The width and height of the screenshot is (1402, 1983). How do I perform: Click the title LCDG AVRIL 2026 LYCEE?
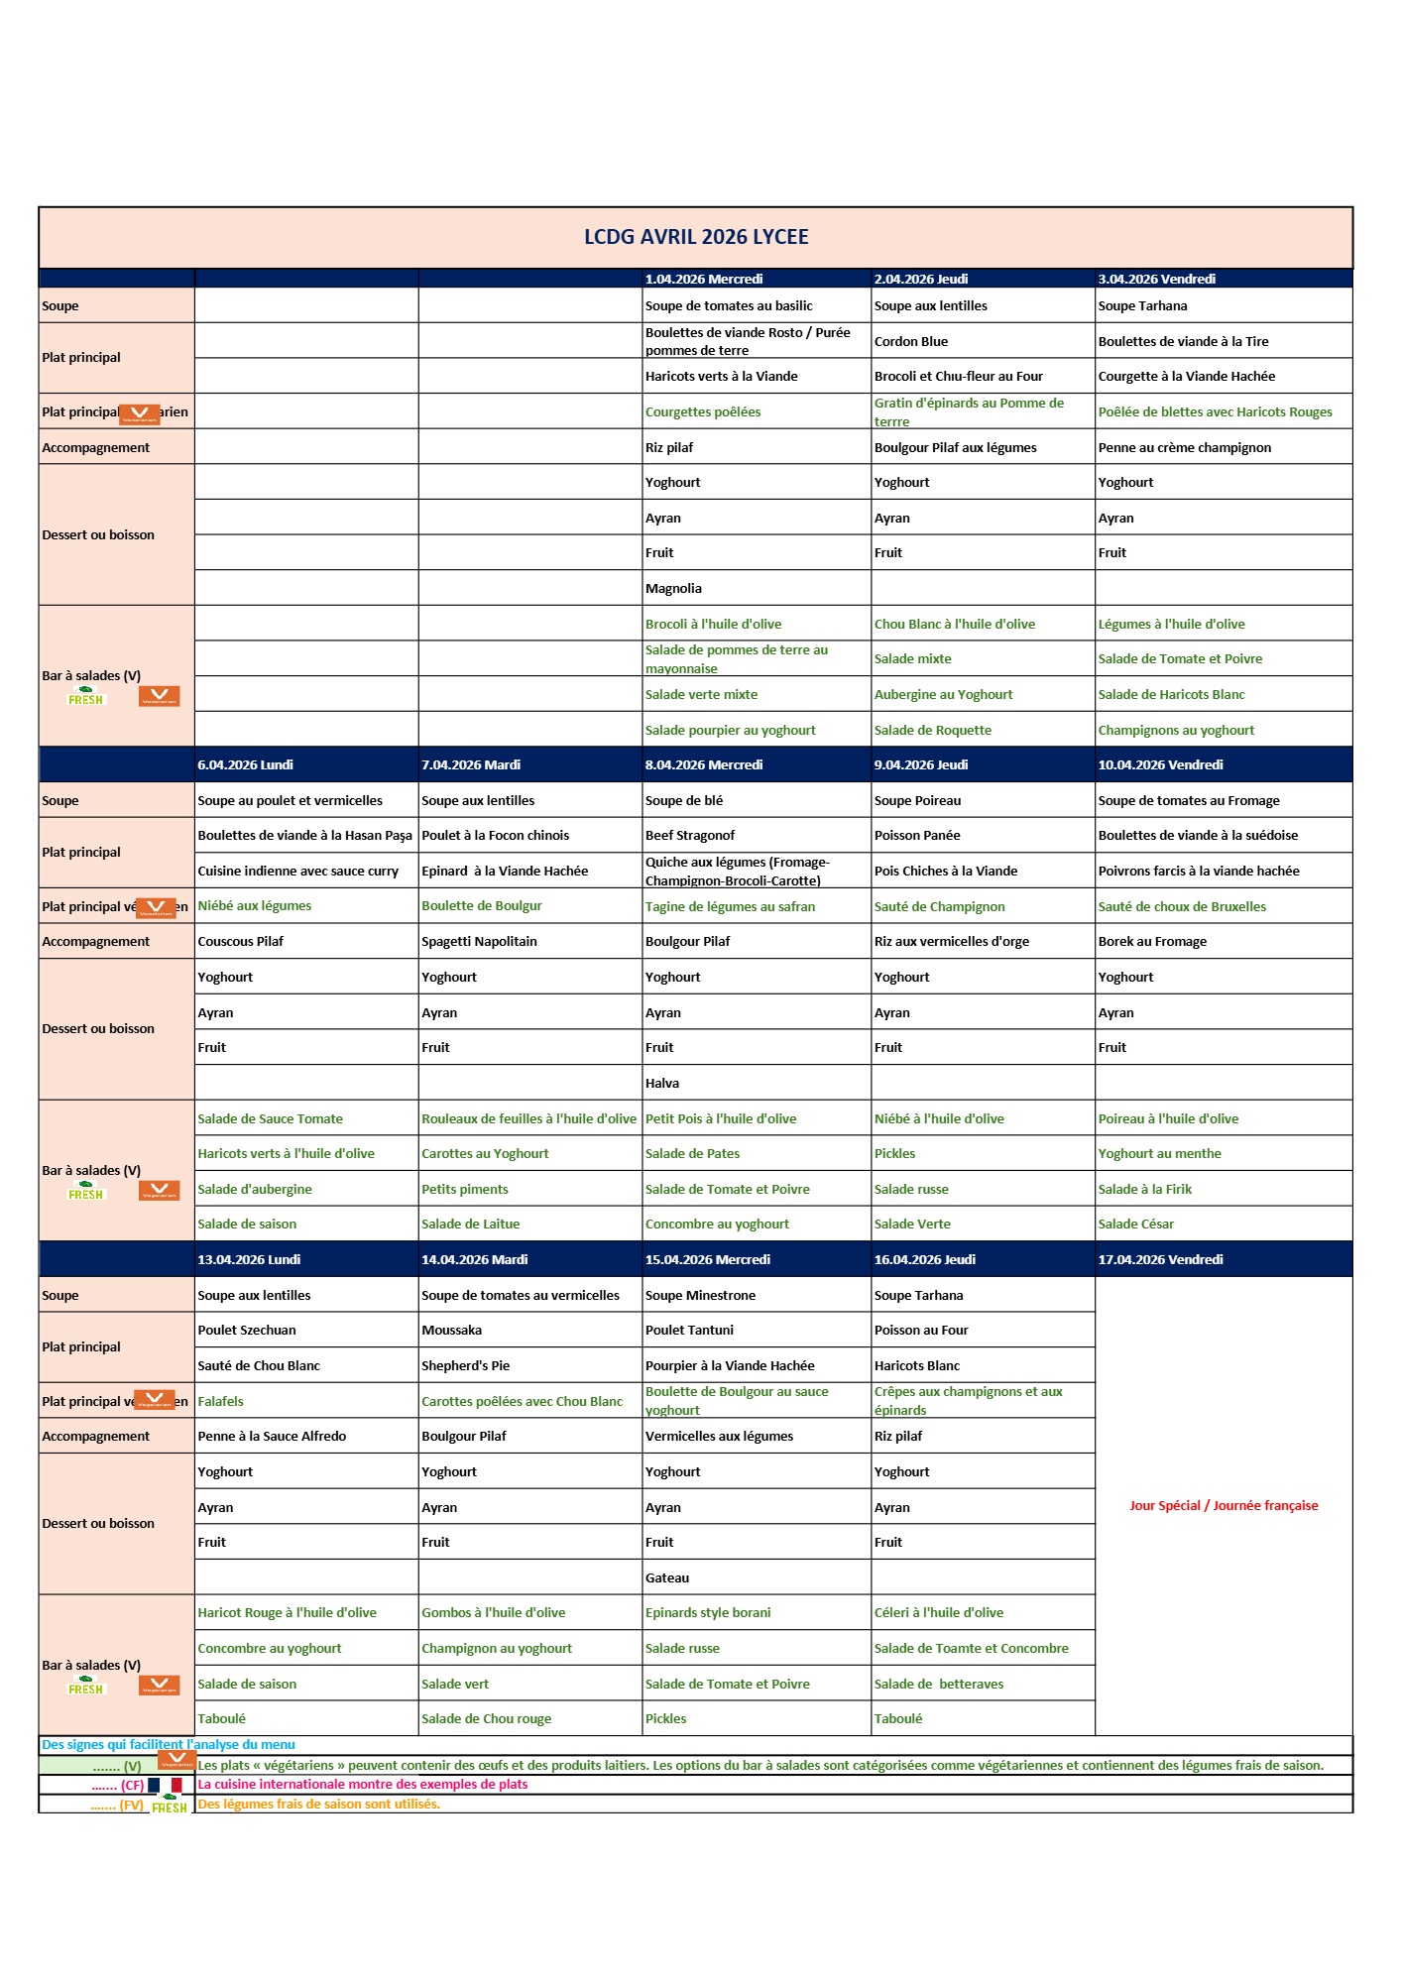point(696,237)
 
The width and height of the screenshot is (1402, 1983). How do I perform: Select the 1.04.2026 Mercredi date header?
point(704,280)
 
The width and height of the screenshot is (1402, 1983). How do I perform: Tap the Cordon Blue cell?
point(911,342)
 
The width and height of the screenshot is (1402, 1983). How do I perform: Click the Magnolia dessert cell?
point(673,589)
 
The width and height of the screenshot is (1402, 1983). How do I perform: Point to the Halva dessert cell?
point(662,1084)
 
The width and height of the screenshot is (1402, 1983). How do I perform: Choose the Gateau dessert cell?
point(667,1578)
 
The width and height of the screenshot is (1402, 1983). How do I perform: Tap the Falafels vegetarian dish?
point(220,1402)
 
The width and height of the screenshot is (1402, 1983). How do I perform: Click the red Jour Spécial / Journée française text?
point(1224,1506)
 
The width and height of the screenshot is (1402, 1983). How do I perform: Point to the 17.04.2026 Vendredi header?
point(1160,1260)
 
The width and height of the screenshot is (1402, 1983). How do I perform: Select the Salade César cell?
point(1136,1225)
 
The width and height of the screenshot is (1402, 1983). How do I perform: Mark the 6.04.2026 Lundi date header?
point(245,765)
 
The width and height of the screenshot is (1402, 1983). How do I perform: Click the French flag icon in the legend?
point(166,1785)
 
